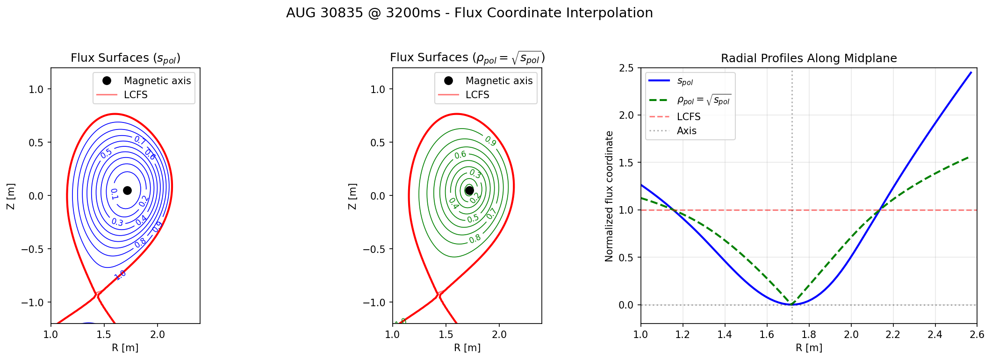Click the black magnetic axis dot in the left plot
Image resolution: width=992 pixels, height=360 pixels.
pos(127,190)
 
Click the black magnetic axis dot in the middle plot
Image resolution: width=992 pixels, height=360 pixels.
pos(469,190)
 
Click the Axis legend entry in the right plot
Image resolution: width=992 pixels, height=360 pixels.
pos(686,131)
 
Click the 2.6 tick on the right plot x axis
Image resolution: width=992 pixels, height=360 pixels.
pos(977,335)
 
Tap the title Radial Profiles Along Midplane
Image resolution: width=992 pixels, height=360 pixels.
pos(809,58)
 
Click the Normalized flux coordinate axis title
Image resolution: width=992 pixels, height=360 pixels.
pos(609,196)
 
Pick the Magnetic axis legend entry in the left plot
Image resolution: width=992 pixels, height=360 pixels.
pos(157,81)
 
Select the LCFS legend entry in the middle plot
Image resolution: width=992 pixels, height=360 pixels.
pos(477,95)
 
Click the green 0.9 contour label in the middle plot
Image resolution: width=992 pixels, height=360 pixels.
pos(490,141)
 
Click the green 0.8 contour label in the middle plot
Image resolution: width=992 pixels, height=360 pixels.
pos(475,239)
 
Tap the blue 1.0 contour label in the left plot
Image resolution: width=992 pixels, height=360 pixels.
pos(120,274)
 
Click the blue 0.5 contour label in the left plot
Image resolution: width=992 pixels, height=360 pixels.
pos(106,153)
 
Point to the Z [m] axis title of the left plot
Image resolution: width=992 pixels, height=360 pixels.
pos(11,196)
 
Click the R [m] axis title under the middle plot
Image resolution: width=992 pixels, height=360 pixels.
pos(467,348)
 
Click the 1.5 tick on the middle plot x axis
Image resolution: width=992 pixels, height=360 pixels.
pos(446,335)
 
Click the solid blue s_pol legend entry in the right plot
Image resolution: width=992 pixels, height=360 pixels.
pos(685,81)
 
